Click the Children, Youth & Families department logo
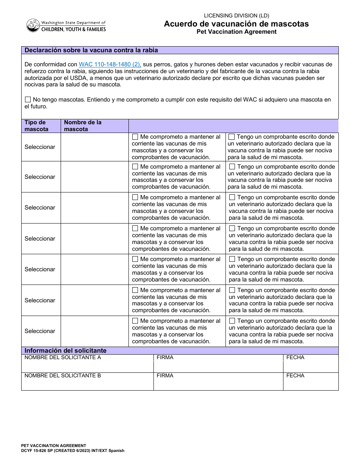(x=66, y=26)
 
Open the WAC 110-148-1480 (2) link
(x=110, y=64)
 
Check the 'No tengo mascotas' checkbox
(x=28, y=100)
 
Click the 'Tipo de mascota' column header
(x=36, y=126)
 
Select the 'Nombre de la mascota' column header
(x=83, y=126)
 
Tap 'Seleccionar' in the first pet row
(x=40, y=147)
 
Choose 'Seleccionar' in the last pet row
(x=40, y=331)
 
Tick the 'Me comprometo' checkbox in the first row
(x=135, y=137)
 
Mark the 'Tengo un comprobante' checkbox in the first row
(x=232, y=137)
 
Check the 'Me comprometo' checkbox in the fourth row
(x=135, y=228)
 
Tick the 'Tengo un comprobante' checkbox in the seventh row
(x=232, y=321)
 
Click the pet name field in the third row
(x=94, y=208)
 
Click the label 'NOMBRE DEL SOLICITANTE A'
(x=63, y=357)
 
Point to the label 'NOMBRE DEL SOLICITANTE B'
(x=63, y=375)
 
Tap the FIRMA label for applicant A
(x=165, y=357)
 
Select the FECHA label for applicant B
(x=295, y=375)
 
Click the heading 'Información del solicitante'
(x=66, y=350)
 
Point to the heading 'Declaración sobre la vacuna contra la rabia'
(x=91, y=50)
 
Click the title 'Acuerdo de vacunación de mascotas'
(x=236, y=24)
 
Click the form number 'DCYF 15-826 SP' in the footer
(x=42, y=450)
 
